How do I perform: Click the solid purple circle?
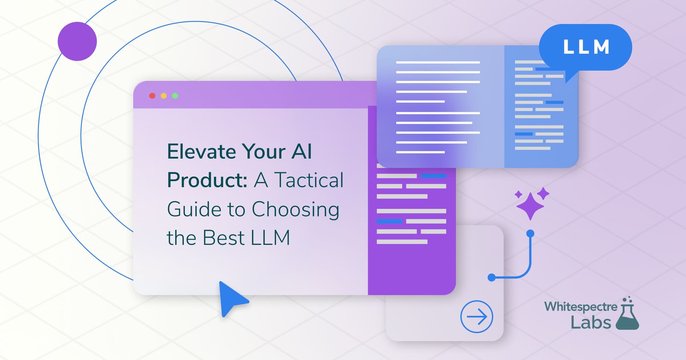click(x=77, y=41)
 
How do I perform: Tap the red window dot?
click(x=152, y=96)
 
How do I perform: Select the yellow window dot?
click(x=164, y=96)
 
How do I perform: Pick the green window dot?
click(x=175, y=96)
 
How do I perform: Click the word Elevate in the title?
click(x=201, y=152)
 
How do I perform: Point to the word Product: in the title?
click(x=207, y=180)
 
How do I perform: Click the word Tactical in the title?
click(x=309, y=180)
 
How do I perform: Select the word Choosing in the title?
click(x=295, y=209)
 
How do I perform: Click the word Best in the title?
click(x=224, y=238)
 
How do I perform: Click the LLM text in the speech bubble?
click(x=586, y=47)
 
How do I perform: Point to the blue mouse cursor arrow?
click(x=231, y=298)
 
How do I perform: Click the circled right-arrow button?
click(x=476, y=316)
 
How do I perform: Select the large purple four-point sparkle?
click(x=530, y=206)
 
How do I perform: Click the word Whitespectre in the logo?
click(x=580, y=307)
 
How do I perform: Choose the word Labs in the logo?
click(x=591, y=323)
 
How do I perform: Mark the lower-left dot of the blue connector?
click(x=492, y=277)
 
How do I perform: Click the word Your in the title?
click(x=263, y=152)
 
